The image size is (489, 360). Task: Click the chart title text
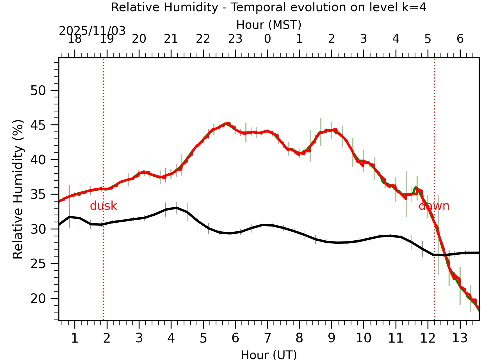point(269,7)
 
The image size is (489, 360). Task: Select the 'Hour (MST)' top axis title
point(269,25)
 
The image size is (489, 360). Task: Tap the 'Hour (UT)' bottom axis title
point(269,355)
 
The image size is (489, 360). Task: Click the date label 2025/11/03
point(92,31)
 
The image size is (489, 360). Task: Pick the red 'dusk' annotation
point(103,206)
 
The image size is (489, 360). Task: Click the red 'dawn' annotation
point(434,206)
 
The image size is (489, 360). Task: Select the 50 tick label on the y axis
point(38,90)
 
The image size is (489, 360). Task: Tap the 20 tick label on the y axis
point(38,299)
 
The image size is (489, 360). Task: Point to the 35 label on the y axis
point(38,194)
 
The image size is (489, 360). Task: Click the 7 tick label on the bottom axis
point(267,338)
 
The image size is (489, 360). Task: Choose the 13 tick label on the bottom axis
point(460,338)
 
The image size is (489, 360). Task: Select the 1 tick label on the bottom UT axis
point(75,338)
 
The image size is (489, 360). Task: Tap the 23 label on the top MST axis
point(235,39)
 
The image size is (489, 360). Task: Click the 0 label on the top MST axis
point(267,39)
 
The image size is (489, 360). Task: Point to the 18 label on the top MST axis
point(75,39)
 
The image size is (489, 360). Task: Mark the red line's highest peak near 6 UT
point(229,123)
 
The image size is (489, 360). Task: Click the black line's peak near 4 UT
point(176,208)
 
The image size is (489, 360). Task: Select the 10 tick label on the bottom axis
point(364,338)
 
